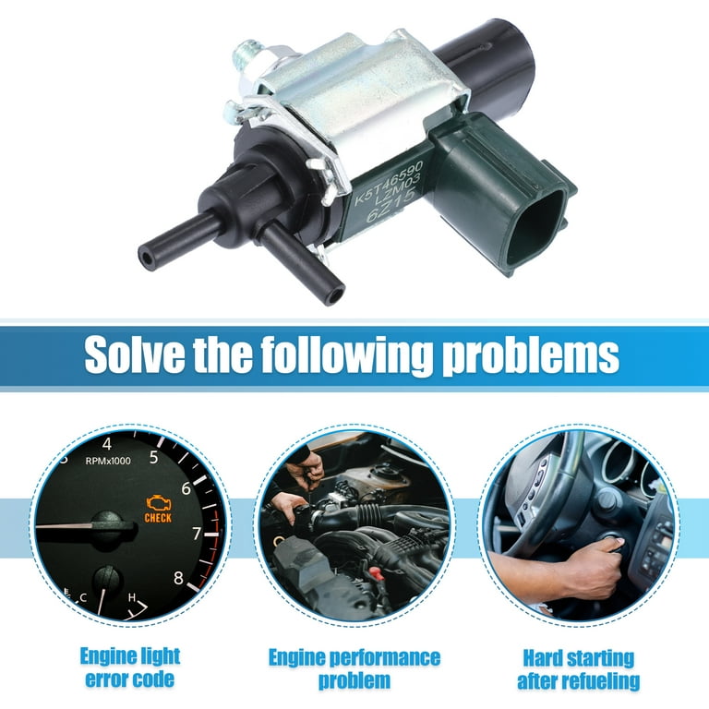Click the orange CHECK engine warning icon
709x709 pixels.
click(x=158, y=509)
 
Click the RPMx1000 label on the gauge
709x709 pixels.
click(x=107, y=459)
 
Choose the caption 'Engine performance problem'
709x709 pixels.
click(x=354, y=669)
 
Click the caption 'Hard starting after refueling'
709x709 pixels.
click(x=579, y=669)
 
